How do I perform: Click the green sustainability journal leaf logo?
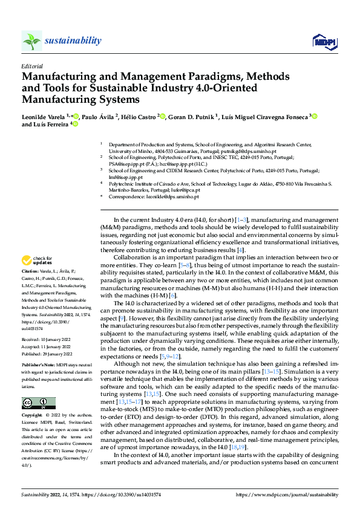coord(32,41)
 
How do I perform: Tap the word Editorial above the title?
coord(31,66)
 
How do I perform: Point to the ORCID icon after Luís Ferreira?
coord(74,125)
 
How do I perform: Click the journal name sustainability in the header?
coord(73,41)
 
